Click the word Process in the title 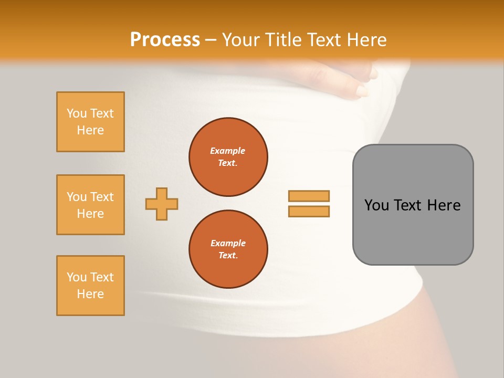point(165,40)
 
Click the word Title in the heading point(282,40)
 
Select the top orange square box point(90,122)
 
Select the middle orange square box point(90,205)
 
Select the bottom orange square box point(90,286)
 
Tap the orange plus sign point(162,204)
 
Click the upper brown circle point(228,157)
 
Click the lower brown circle point(228,249)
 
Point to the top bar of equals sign point(309,196)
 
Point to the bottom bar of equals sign point(309,212)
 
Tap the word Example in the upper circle point(228,151)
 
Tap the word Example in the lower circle point(228,243)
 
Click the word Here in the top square point(90,130)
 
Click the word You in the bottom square point(77,277)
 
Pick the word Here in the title point(367,40)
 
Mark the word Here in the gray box point(444,205)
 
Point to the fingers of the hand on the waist point(362,84)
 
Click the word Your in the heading point(241,40)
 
